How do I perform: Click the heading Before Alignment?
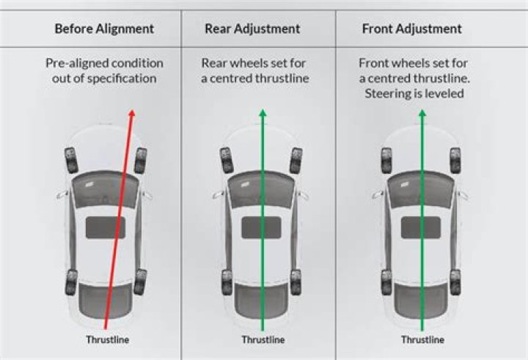tap(104, 29)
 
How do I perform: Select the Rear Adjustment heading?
tap(252, 29)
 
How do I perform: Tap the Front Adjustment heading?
tap(411, 29)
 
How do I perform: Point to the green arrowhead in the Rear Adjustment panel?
tap(263, 114)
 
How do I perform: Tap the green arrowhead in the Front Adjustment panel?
tap(421, 114)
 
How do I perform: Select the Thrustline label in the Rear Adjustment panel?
tap(262, 340)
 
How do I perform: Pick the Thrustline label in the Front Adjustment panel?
tap(422, 340)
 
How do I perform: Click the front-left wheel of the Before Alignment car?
tap(71, 160)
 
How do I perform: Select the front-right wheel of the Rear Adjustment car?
tap(296, 160)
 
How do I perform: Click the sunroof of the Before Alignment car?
tap(106, 228)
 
